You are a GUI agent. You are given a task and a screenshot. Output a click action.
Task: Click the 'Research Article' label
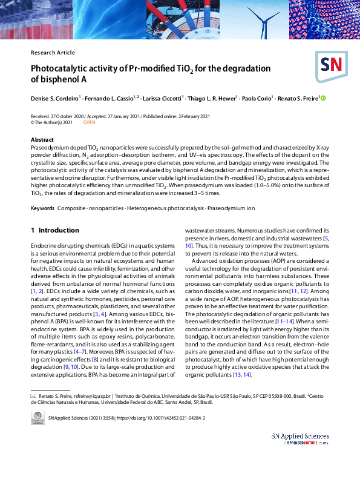53,53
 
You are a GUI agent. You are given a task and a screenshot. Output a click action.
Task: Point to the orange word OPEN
89,122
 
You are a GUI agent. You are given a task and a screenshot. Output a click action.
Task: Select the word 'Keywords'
42,208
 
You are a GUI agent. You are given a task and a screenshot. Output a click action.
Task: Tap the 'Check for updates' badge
38,418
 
